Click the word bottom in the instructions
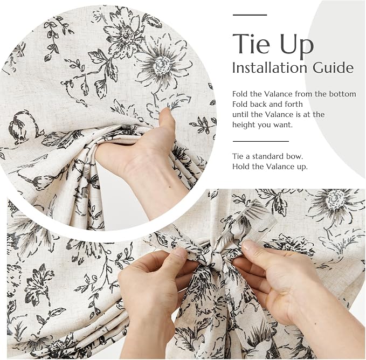(343, 94)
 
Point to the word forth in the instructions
(294, 104)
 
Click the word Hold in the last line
(241, 167)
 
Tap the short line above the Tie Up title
(250, 15)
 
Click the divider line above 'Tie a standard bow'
(261, 141)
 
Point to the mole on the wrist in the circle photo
(170, 186)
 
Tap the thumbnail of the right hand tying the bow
(248, 245)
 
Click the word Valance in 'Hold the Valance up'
(282, 167)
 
